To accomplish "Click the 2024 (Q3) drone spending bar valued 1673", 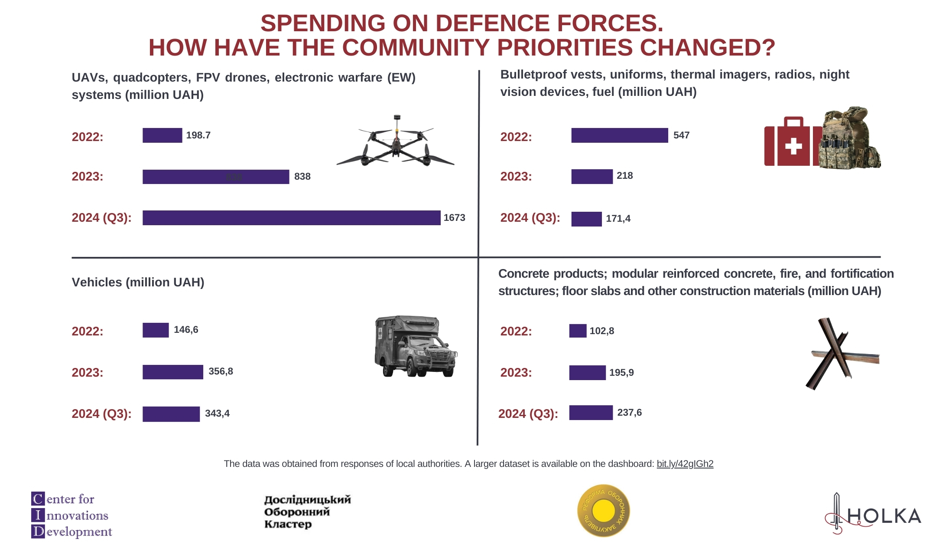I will coord(291,218).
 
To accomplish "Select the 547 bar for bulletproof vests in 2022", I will coord(619,135).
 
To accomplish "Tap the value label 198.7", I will coord(198,135).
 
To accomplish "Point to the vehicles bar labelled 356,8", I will coord(172,372).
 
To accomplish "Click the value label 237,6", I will coord(629,413).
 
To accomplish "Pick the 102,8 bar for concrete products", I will coord(577,331).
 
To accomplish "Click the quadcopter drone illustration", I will coord(395,143).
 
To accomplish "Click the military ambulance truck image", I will coord(415,346).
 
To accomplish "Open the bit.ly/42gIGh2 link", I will coord(685,464).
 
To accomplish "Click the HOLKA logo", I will coord(873,515).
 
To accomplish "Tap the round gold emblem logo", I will coord(603,511).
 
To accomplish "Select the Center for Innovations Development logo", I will coord(71,515).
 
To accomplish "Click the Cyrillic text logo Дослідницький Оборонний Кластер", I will coord(307,512).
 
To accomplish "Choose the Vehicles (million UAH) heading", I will coord(138,282).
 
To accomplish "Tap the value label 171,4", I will coord(618,219).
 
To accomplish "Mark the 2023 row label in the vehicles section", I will coord(88,373).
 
